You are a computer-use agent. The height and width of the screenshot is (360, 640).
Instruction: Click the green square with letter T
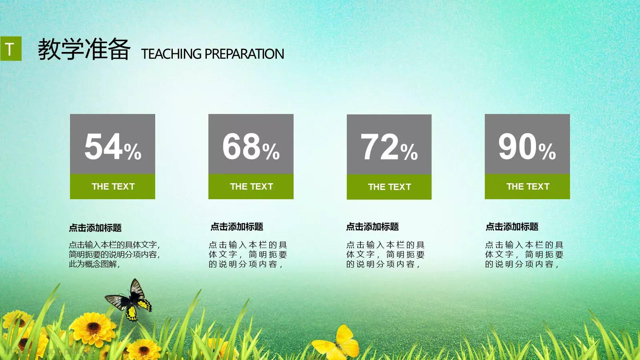10,49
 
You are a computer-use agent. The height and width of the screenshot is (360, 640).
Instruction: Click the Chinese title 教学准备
84,49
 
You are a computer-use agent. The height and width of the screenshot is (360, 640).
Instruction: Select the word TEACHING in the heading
171,54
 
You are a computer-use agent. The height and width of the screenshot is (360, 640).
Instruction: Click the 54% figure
113,147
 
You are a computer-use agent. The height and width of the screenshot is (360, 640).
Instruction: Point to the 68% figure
251,147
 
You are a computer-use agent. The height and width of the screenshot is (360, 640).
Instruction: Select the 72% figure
389,147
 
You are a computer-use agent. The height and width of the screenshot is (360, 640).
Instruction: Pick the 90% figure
527,147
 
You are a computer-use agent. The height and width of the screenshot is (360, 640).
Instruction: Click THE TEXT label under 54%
113,186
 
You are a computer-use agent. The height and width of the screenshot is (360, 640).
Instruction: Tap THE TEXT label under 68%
251,186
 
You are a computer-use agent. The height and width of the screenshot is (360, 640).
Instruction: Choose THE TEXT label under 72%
389,187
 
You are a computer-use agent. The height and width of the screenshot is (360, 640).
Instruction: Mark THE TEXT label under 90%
528,186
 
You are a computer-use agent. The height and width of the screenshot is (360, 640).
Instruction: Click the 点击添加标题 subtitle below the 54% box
95,228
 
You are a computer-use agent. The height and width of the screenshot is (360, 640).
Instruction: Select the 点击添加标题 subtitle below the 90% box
512,227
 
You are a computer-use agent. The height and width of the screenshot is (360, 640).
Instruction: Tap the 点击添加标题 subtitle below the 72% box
372,227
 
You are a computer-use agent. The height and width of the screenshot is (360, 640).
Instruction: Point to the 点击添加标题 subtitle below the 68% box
237,227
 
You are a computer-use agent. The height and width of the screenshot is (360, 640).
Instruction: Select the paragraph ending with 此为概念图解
114,254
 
